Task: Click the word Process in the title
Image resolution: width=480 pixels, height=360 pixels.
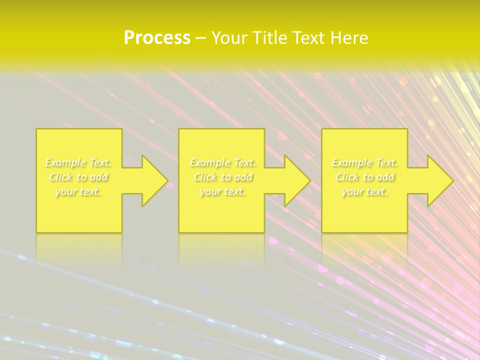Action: pyautogui.click(x=157, y=38)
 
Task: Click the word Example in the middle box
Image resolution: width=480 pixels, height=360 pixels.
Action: pyautogui.click(x=209, y=162)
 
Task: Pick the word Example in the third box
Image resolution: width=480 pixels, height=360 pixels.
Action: pyautogui.click(x=351, y=162)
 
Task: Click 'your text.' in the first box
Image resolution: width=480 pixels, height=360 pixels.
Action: pyautogui.click(x=78, y=191)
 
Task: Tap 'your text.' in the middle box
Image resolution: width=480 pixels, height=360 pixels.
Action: pyautogui.click(x=222, y=191)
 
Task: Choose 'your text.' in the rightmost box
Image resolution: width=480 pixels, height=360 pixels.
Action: pyautogui.click(x=364, y=191)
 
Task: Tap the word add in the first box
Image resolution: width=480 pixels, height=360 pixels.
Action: pyautogui.click(x=99, y=177)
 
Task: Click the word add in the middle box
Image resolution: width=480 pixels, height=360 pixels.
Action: pyautogui.click(x=243, y=177)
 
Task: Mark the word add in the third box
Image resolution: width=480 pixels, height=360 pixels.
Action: pyautogui.click(x=385, y=177)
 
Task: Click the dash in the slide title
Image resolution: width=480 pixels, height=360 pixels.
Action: pyautogui.click(x=201, y=38)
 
